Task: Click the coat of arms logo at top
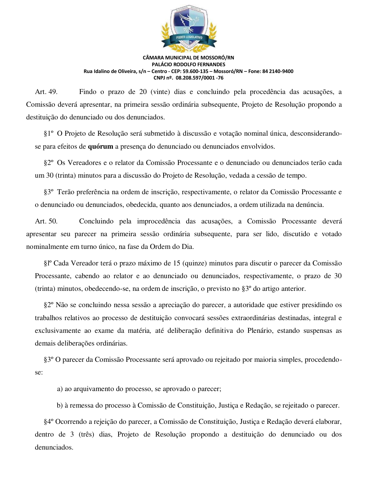pyautogui.click(x=189, y=28)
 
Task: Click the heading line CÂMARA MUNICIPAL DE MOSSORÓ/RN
pyautogui.click(x=188, y=58)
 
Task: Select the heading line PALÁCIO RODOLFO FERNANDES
pyautogui.click(x=188, y=64)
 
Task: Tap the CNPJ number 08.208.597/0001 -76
pyautogui.click(x=199, y=78)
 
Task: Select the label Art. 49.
pyautogui.click(x=46, y=92)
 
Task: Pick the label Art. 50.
pyautogui.click(x=46, y=221)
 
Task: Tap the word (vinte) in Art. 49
pyautogui.click(x=160, y=92)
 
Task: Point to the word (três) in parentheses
pyautogui.click(x=86, y=435)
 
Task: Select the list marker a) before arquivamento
pyautogui.click(x=60, y=389)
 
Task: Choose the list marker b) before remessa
pyautogui.click(x=60, y=406)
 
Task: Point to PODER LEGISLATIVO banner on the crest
pyautogui.click(x=189, y=38)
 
